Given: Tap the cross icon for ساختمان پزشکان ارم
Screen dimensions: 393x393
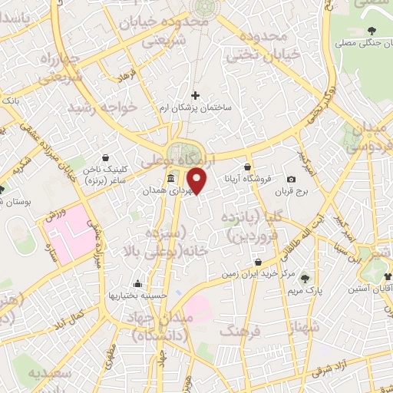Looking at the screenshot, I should tap(195, 96).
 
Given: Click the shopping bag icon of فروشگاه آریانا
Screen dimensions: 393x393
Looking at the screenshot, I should tap(247, 166).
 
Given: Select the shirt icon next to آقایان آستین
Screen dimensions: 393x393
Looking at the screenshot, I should tap(388, 278).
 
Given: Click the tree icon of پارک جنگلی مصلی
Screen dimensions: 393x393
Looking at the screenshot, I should tap(372, 31).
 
